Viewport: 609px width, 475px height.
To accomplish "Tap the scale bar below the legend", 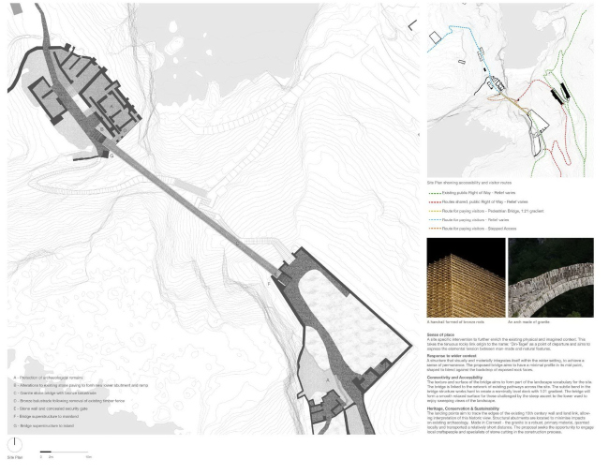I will click(x=65, y=456).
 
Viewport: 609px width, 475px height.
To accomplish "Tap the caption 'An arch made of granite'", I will click(x=529, y=321).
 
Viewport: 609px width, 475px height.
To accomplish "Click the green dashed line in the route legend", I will click(x=441, y=191).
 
